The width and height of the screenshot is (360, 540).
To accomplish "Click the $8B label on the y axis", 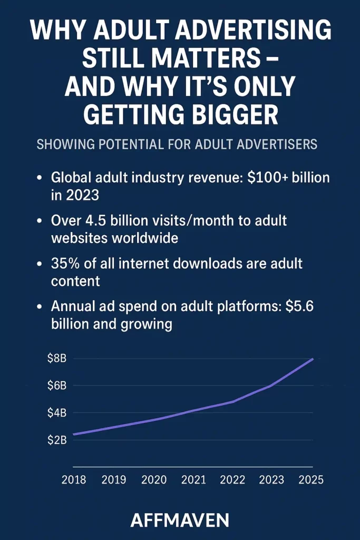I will click(56, 359).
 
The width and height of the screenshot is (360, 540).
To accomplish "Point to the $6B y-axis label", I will click(56, 385).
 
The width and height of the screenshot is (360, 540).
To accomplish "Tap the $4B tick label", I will click(56, 413).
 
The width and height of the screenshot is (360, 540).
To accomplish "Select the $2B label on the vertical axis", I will click(56, 440).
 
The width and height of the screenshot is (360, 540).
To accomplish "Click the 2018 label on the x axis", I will click(74, 480).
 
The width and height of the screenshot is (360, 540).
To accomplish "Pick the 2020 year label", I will click(154, 480).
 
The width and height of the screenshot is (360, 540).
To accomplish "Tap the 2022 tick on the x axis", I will click(232, 480).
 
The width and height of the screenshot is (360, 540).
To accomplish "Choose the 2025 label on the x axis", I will click(310, 480).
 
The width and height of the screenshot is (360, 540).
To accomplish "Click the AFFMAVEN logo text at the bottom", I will click(180, 520).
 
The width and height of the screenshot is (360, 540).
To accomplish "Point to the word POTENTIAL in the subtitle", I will click(135, 144).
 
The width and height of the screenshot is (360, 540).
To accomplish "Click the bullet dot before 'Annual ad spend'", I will click(40, 307).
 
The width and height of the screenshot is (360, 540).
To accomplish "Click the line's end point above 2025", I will click(313, 359).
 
